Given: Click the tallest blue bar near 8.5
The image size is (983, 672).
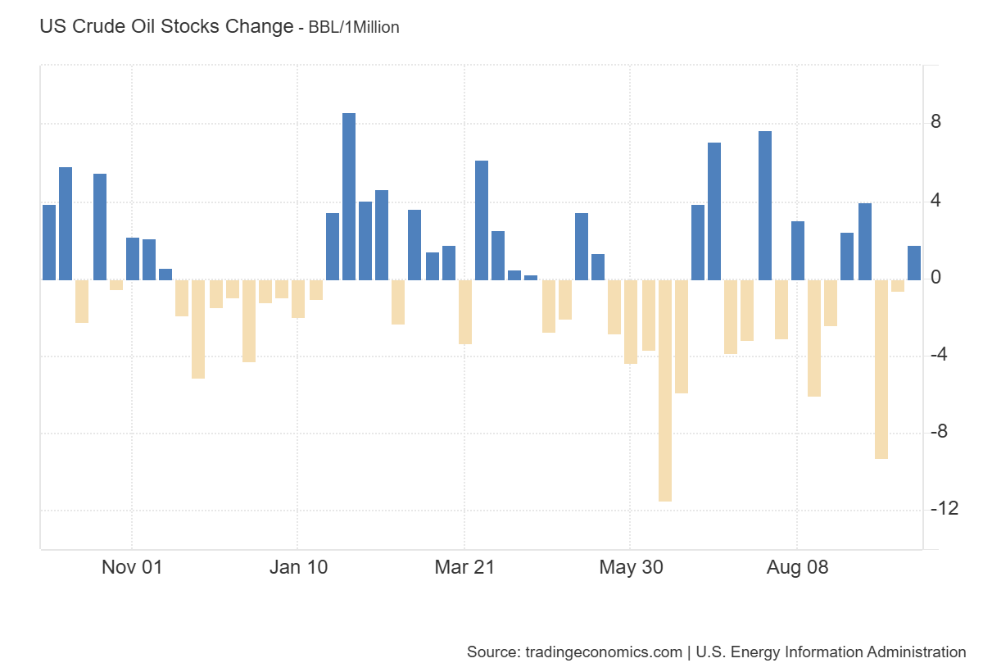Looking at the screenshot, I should click(x=349, y=197).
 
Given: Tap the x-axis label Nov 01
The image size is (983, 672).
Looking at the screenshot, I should click(x=132, y=567).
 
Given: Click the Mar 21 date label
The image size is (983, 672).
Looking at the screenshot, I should click(x=464, y=567).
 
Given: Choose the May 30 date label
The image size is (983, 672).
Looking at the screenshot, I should click(x=630, y=567).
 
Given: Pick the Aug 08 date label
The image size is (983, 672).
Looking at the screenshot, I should click(x=797, y=567).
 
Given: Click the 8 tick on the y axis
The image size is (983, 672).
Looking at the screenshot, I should click(x=935, y=123).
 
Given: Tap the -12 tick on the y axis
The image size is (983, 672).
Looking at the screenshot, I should click(x=944, y=509).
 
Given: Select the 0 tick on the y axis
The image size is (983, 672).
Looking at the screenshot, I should click(x=935, y=278).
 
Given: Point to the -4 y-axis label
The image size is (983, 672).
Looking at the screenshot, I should click(x=940, y=355).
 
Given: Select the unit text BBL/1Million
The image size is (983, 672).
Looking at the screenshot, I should click(x=354, y=27).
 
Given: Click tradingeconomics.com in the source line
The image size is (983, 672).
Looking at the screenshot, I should click(x=601, y=652).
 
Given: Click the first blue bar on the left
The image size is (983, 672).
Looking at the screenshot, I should click(x=49, y=243).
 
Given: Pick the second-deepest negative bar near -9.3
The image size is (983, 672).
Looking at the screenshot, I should click(x=881, y=369).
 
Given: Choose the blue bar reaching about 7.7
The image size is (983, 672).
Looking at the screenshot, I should click(x=765, y=206).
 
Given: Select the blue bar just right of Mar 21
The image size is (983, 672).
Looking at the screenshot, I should click(x=482, y=220).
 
